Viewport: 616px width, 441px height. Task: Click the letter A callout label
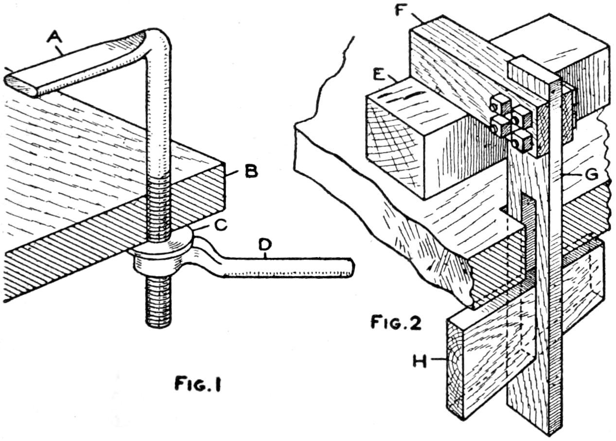[x=54, y=37]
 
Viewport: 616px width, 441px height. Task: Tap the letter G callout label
[x=591, y=174]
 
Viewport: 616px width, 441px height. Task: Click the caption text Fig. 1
[x=197, y=384]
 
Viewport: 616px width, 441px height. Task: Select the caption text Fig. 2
[x=396, y=322]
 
